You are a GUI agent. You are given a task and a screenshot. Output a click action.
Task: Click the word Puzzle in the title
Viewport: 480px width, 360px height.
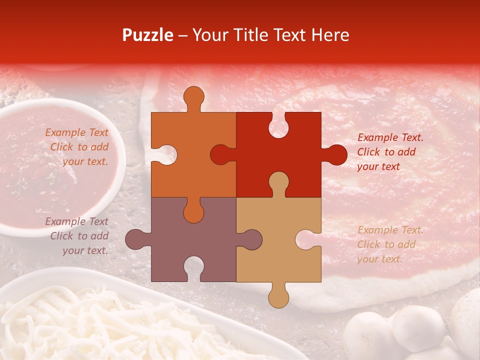point(148,35)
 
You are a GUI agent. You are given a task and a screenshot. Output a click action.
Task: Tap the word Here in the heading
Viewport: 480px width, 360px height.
point(329,35)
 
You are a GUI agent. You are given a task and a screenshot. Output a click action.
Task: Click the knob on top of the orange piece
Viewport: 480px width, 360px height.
point(193,97)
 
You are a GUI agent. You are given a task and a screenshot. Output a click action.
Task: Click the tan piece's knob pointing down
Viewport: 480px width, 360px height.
point(278,297)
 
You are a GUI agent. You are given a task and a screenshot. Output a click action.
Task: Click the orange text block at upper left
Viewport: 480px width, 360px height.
point(77,147)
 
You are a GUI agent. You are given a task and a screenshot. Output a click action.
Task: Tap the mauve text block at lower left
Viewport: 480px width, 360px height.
point(77,236)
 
